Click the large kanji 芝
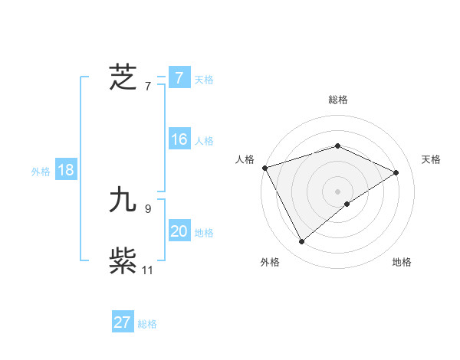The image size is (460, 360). (123, 77)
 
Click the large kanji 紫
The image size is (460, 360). (123, 261)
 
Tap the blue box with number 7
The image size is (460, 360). (179, 78)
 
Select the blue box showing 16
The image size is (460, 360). (179, 139)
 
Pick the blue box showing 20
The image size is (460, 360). (179, 231)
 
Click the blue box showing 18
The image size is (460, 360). (66, 170)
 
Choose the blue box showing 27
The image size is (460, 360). (123, 322)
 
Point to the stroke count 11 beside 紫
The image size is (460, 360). (148, 270)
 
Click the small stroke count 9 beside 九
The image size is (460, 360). (148, 208)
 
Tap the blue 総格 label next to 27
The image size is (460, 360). (147, 324)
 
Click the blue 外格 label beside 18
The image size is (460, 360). (41, 172)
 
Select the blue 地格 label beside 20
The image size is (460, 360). (204, 233)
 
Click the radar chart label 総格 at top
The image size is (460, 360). (338, 100)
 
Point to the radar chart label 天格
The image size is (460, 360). (432, 159)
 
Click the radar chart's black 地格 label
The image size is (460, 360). (402, 262)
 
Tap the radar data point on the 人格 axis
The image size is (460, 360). (264, 167)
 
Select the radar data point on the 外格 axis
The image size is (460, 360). (301, 242)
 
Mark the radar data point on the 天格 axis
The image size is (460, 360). (396, 172)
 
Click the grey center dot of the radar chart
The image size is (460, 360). (338, 191)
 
